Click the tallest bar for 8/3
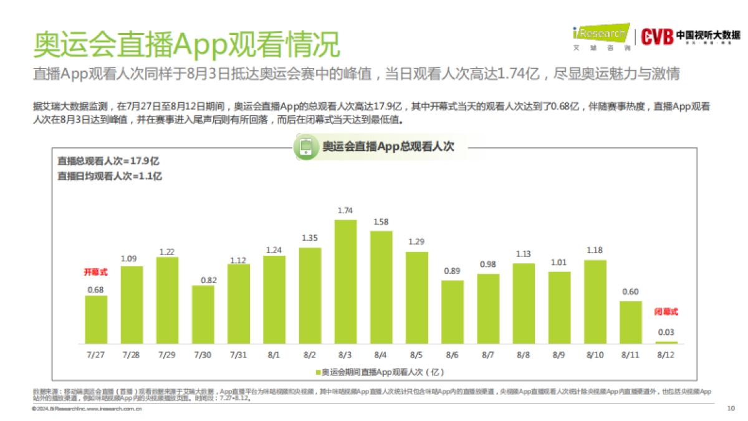345,281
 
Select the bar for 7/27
96,319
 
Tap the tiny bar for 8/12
666,342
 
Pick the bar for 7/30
203,314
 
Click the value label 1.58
381,221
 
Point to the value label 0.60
630,292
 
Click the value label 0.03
666,332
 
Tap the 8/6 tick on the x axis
452,354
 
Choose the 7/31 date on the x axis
238,354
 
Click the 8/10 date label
595,354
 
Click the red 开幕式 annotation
95,272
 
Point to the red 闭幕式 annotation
666,311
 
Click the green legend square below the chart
317,372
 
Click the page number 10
731,409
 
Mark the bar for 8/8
524,303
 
